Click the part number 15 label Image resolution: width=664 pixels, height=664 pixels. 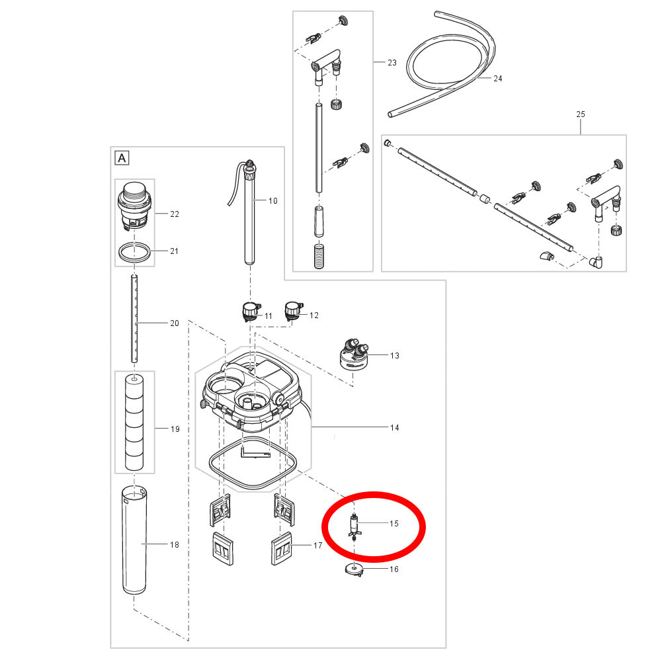pos(394,524)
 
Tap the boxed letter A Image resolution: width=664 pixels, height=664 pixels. pos(122,158)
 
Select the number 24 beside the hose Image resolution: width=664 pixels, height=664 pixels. pos(497,78)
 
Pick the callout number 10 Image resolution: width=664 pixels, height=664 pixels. pos(272,201)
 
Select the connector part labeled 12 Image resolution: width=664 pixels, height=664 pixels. pos(294,311)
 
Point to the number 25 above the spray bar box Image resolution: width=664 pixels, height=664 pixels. pos(581,114)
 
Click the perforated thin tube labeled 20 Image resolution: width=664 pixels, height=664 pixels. pos(134,319)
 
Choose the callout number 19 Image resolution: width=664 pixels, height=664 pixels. pos(175,429)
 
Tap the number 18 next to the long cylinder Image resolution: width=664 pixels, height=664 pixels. pos(175,544)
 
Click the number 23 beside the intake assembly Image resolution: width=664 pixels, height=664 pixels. pos(392,63)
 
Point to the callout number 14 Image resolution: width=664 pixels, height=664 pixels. pos(394,428)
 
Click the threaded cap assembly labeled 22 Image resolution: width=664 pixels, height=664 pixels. pos(134,206)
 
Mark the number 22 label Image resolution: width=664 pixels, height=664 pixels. pos(175,214)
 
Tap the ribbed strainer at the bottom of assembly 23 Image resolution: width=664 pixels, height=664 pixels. pos(319,255)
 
